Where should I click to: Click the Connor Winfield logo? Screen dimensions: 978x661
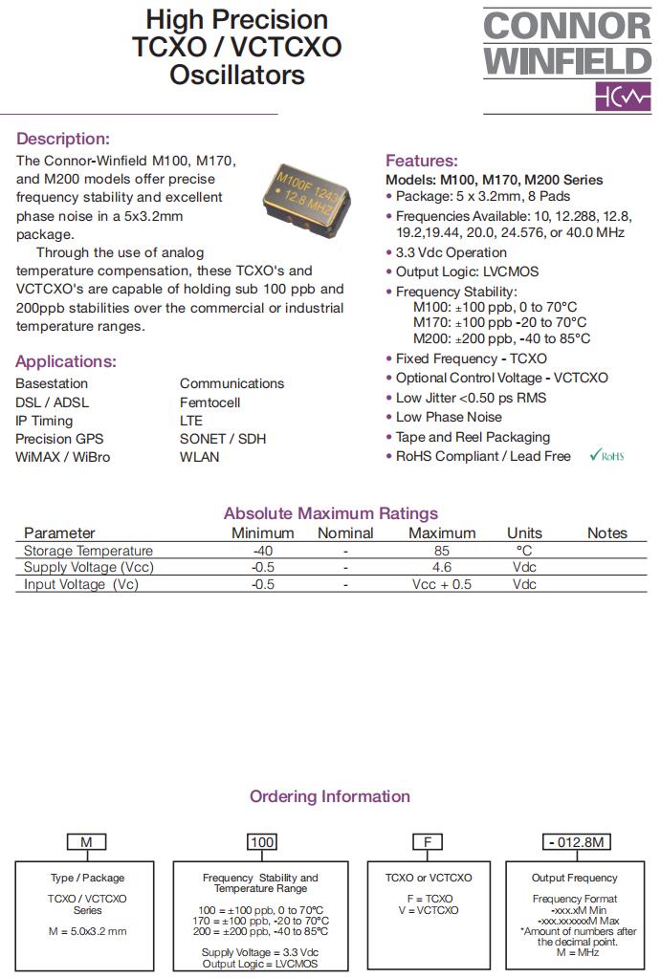[x=566, y=59]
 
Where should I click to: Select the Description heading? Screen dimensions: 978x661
[x=63, y=139]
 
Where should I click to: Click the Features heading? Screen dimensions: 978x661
[x=421, y=161]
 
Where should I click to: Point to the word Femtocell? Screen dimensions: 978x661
[x=209, y=402]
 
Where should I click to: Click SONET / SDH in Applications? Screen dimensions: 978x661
[x=223, y=439]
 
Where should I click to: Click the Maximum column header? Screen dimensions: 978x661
[x=441, y=532]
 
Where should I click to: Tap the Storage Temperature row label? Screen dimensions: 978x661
[x=88, y=551]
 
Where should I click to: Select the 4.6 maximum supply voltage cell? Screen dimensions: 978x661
[x=441, y=567]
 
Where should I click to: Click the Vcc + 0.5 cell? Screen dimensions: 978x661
[x=441, y=584]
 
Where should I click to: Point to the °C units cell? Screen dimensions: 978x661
[x=524, y=551]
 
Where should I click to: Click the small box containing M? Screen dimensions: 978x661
[x=86, y=842]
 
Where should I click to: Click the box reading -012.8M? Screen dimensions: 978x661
[x=577, y=842]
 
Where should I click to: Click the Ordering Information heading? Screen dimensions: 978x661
[x=330, y=796]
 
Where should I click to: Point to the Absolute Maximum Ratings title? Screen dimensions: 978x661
[x=330, y=513]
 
